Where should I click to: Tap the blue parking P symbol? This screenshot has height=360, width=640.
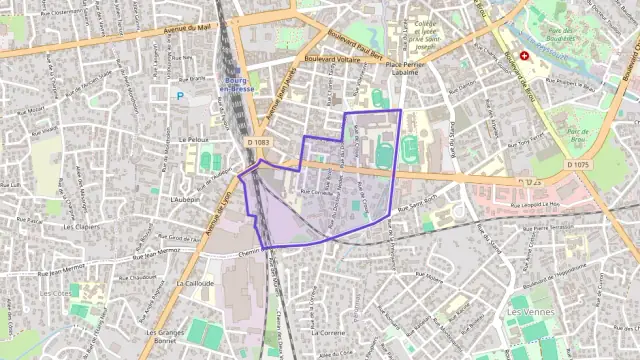(x=180, y=95)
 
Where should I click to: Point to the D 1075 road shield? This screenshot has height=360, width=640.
(x=577, y=164)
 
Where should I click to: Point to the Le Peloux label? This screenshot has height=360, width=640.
(x=192, y=139)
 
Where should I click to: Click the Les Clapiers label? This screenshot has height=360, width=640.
(x=79, y=226)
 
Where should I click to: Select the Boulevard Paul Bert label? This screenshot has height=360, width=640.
(x=355, y=45)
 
